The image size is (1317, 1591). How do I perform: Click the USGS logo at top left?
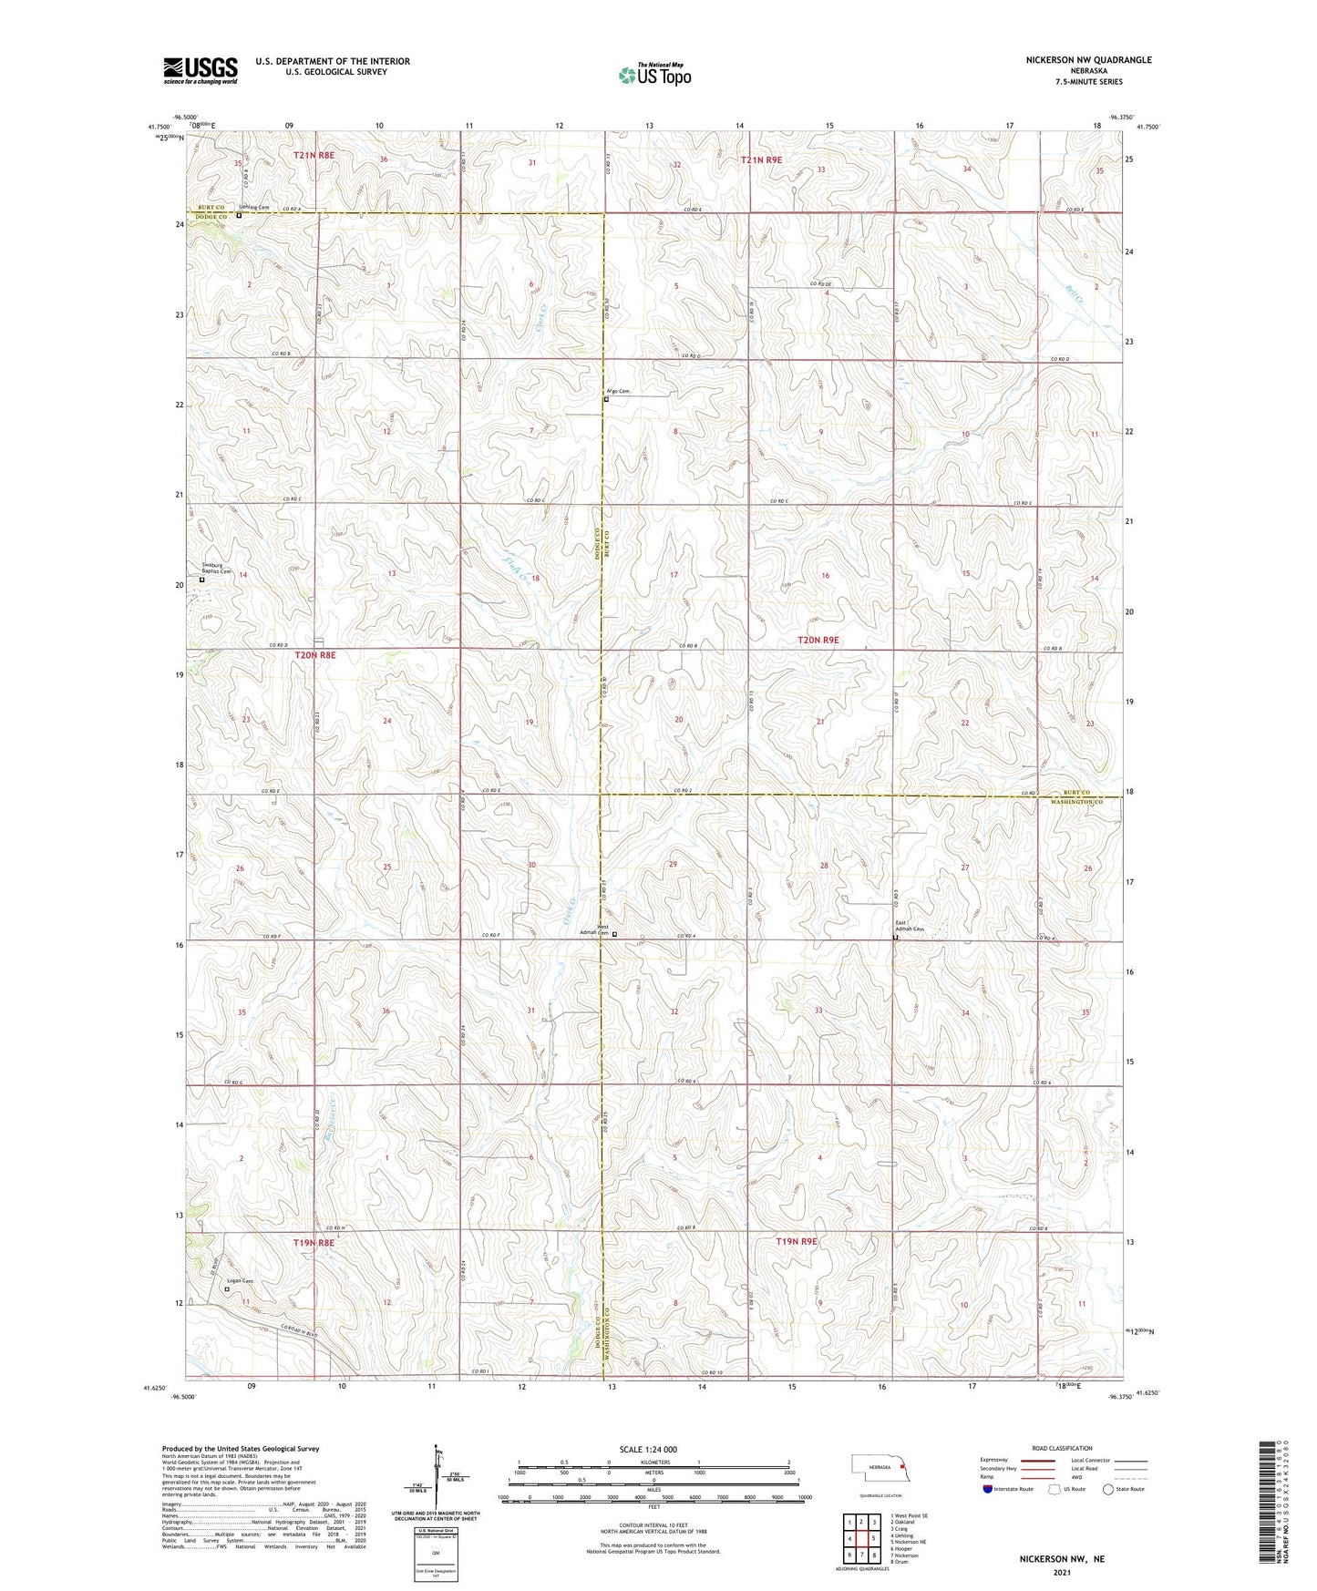pyautogui.click(x=201, y=69)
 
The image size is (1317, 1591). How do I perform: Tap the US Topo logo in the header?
pyautogui.click(x=654, y=75)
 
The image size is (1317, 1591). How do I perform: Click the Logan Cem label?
pyautogui.click(x=241, y=1281)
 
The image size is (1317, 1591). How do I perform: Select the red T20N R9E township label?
pyautogui.click(x=818, y=641)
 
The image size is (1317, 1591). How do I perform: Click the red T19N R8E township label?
pyautogui.click(x=314, y=1243)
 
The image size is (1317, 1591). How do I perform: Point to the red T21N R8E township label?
pyautogui.click(x=314, y=156)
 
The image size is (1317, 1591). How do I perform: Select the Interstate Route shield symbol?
pyautogui.click(x=988, y=1490)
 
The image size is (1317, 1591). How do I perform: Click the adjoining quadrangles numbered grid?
pyautogui.click(x=861, y=1537)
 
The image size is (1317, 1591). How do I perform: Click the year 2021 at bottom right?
pyautogui.click(x=1061, y=1572)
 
